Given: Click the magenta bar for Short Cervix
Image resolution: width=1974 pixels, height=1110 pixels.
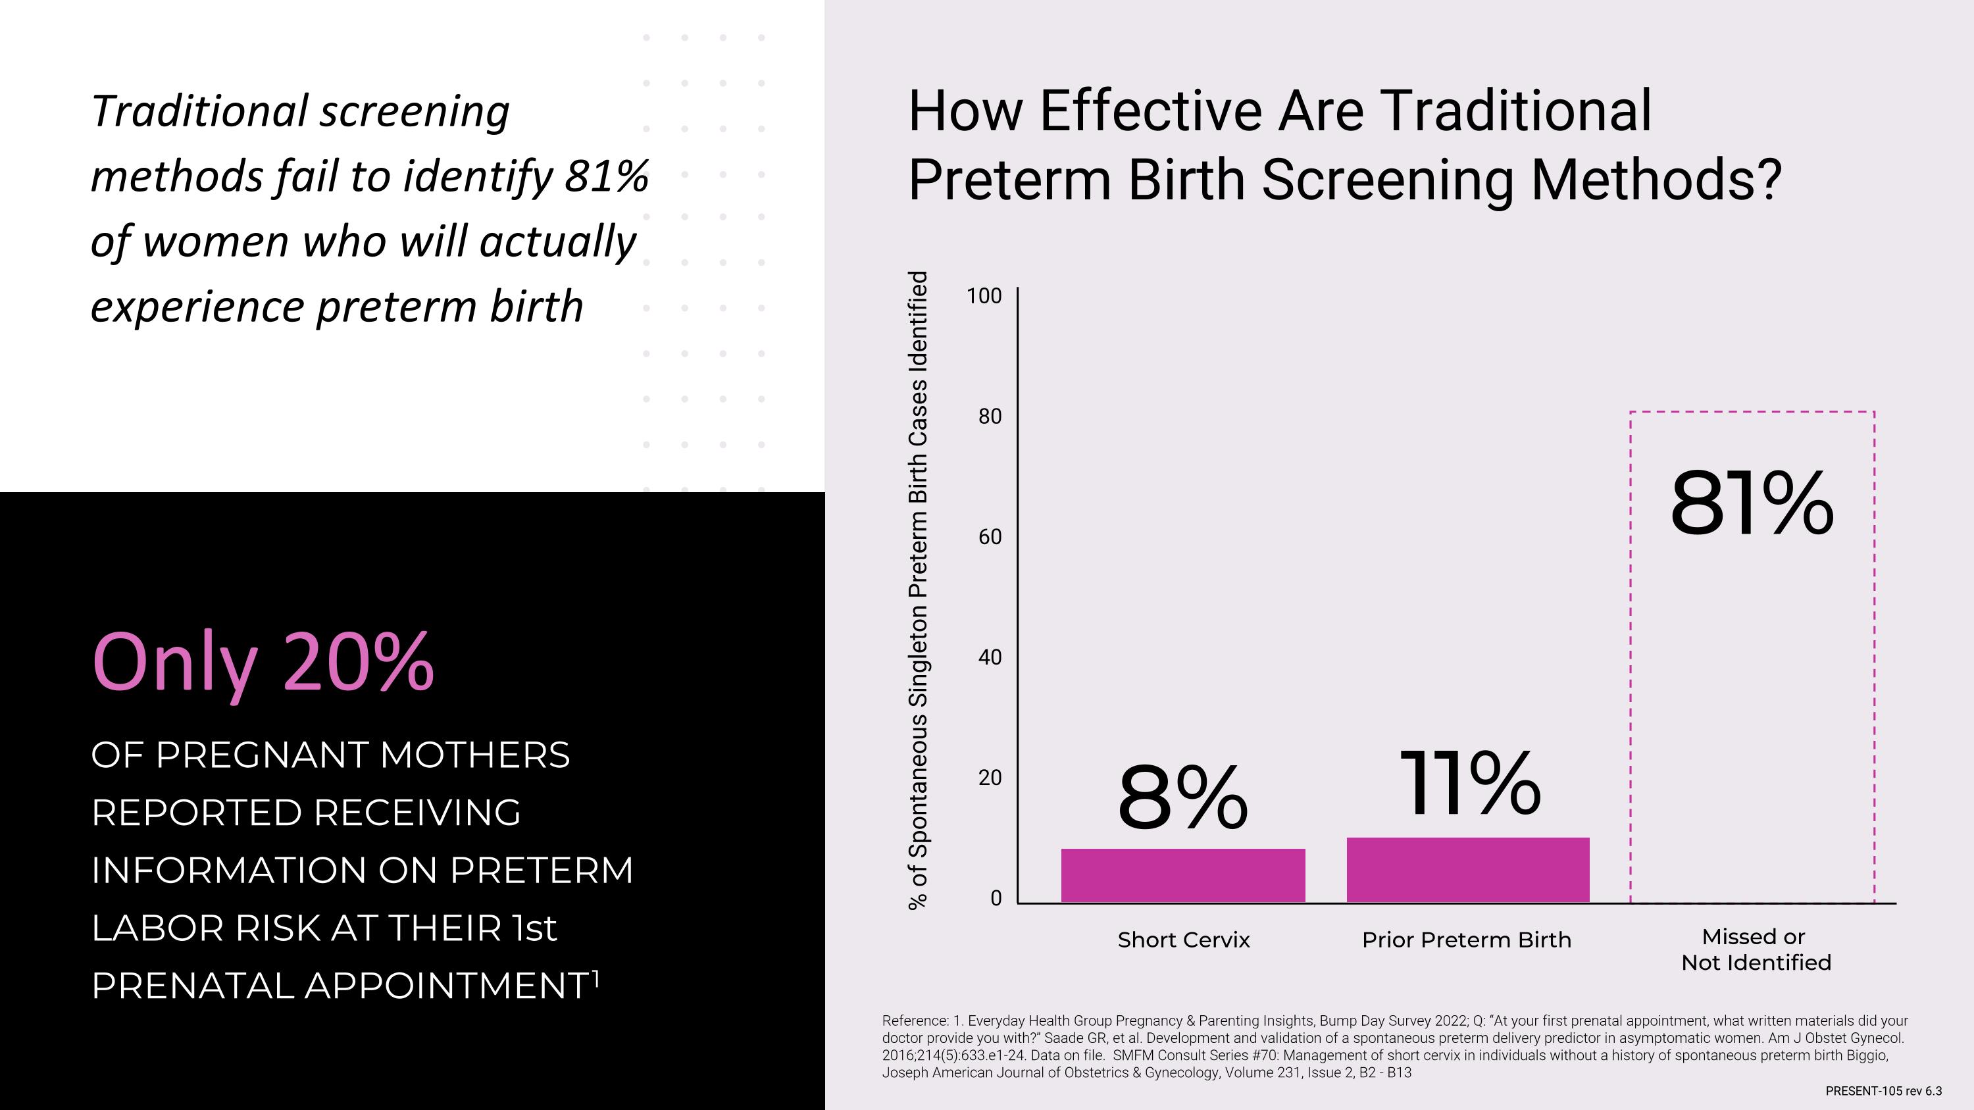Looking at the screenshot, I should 1182,875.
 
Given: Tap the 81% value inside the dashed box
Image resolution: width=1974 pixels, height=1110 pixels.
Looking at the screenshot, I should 1752,505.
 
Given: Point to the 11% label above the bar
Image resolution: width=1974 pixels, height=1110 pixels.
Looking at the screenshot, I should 1469,784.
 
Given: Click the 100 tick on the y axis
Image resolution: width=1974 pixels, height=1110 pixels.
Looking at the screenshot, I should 984,297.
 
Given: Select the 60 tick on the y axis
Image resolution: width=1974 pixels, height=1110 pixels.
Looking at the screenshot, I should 989,537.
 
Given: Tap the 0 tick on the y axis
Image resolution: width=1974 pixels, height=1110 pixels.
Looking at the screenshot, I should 996,899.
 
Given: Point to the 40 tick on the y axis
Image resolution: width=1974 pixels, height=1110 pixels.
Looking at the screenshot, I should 989,657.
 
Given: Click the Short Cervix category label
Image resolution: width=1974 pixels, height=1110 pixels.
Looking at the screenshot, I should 1183,940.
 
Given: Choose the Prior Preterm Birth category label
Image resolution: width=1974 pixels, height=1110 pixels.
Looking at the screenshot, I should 1466,940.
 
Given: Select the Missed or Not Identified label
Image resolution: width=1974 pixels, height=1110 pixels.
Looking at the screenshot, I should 1755,950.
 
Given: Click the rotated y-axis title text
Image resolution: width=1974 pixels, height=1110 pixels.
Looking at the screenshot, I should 918,590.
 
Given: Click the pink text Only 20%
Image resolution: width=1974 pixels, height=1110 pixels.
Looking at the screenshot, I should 263,663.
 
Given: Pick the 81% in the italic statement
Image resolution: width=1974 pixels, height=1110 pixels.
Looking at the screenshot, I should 606,176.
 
